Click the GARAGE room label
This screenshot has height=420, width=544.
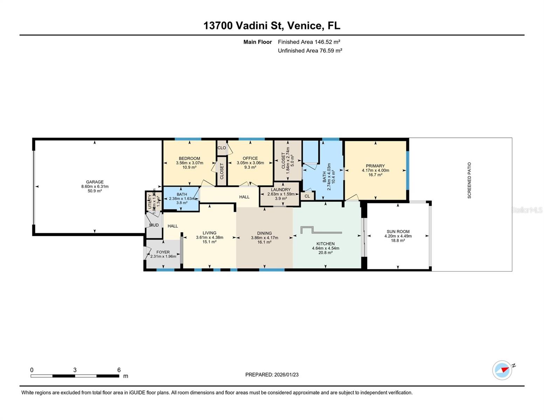95,182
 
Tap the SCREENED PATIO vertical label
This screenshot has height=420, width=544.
469,180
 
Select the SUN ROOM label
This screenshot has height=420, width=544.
398,231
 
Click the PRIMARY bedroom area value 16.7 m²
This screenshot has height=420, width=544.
375,175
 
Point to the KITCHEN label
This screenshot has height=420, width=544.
325,244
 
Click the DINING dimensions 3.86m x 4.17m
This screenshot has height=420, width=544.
264,238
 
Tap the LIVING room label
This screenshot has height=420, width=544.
209,233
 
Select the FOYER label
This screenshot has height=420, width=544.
163,252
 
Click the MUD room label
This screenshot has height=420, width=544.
154,225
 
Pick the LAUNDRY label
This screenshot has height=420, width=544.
281,190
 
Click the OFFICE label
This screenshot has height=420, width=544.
250,158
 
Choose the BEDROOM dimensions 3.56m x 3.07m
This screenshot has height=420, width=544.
190,163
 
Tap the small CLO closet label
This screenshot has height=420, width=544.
222,148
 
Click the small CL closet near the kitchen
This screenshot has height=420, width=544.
307,196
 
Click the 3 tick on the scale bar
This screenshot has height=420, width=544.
75,370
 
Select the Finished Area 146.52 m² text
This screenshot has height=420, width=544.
309,42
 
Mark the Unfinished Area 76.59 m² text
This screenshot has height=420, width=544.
310,51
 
